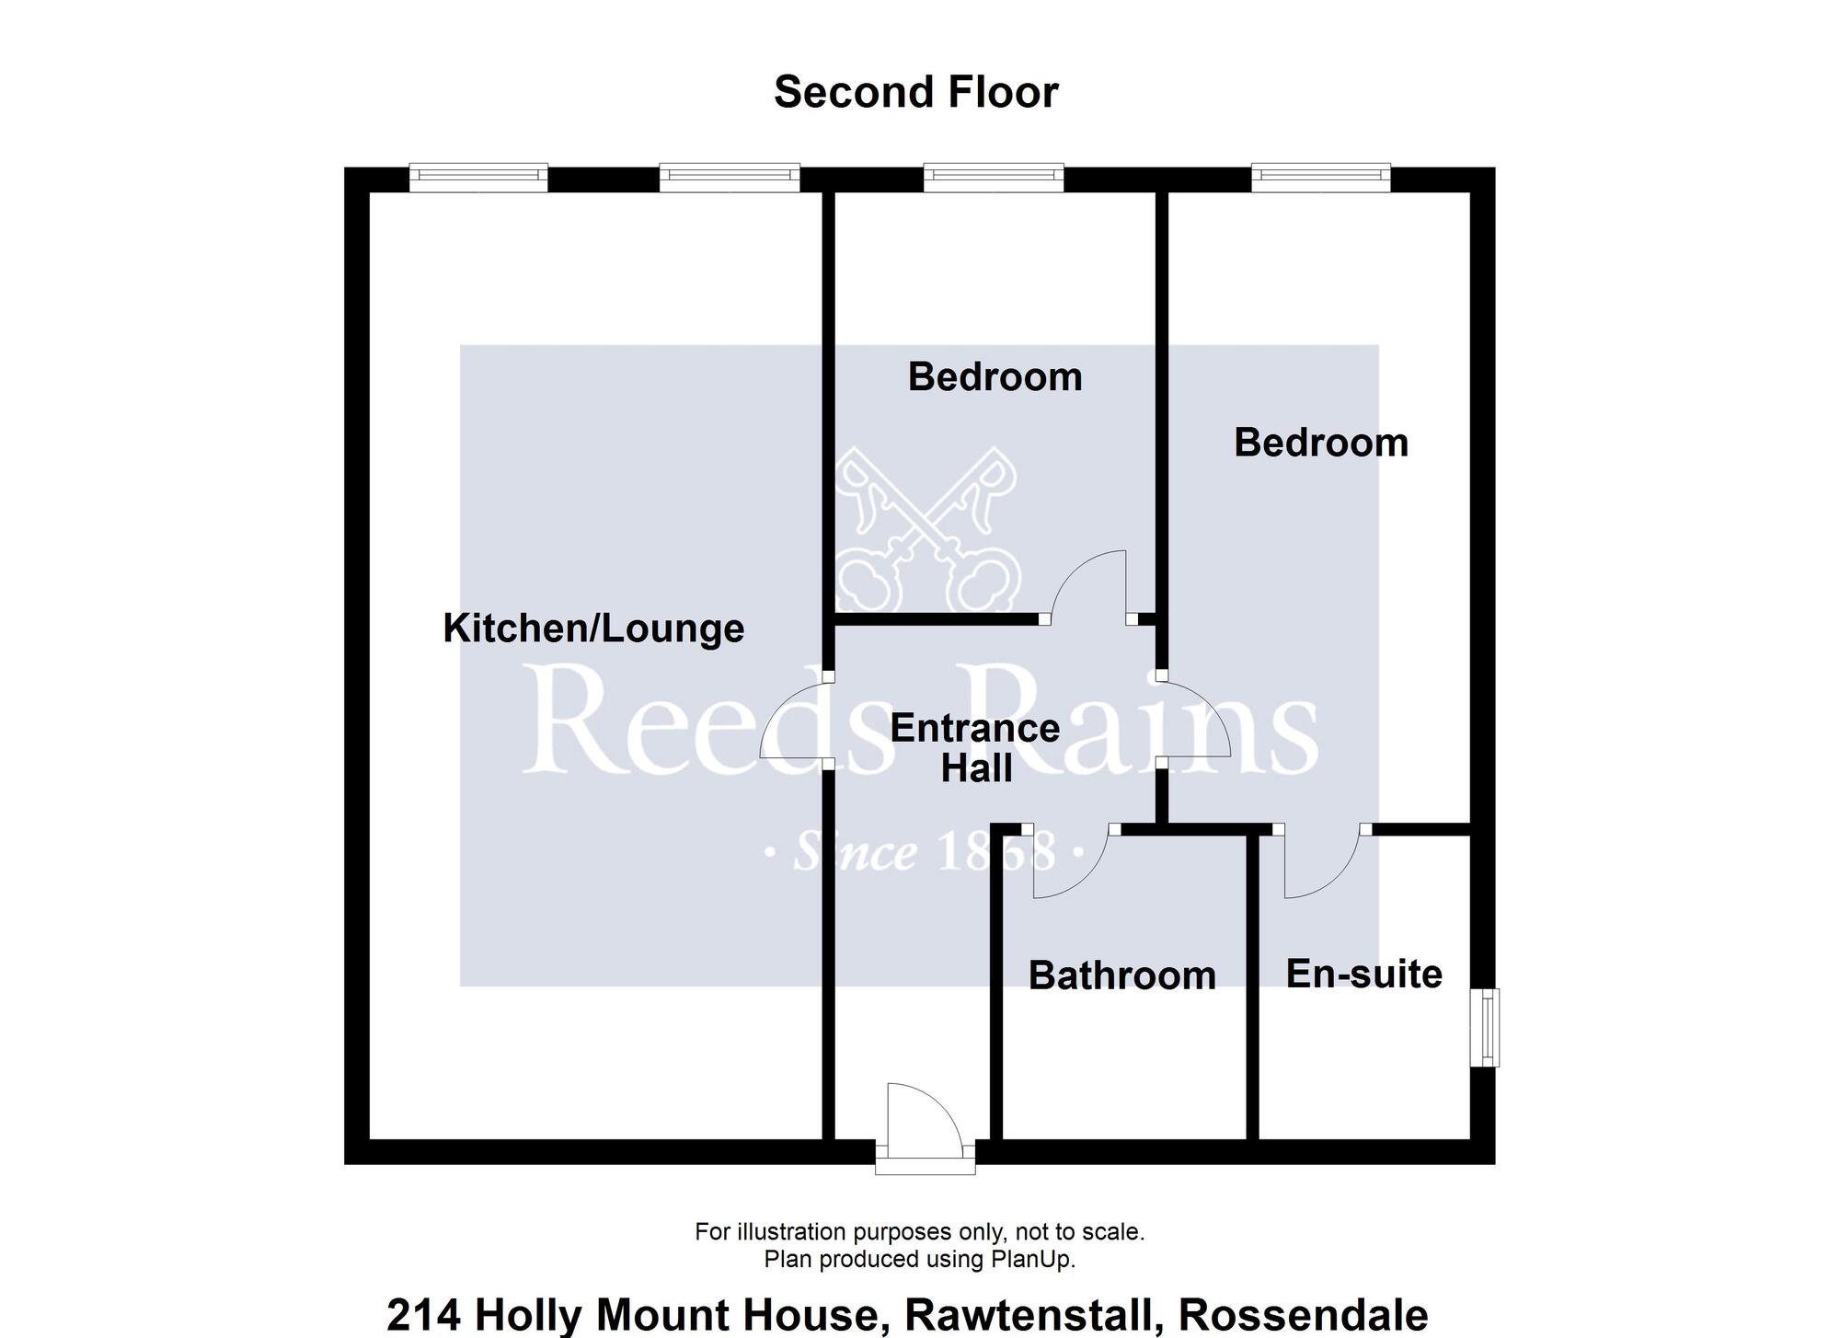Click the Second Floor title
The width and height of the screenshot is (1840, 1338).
point(916,92)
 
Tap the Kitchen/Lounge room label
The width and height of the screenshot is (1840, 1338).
point(593,629)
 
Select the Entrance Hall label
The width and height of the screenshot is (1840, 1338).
point(975,748)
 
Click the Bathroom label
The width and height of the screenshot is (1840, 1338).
point(1122,975)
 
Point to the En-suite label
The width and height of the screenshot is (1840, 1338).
point(1364,974)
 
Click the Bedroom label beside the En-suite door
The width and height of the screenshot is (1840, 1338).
point(1321,443)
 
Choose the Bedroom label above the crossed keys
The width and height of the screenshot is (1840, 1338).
point(995,377)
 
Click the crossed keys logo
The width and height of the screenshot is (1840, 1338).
point(928,527)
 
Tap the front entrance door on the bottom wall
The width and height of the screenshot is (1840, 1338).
point(925,1128)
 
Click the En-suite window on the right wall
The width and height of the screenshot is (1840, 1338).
point(1484,1028)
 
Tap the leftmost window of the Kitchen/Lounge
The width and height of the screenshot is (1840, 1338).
point(478,178)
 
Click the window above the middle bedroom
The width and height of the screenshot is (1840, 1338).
point(994,178)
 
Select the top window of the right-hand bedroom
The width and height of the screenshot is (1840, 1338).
point(1321,178)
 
